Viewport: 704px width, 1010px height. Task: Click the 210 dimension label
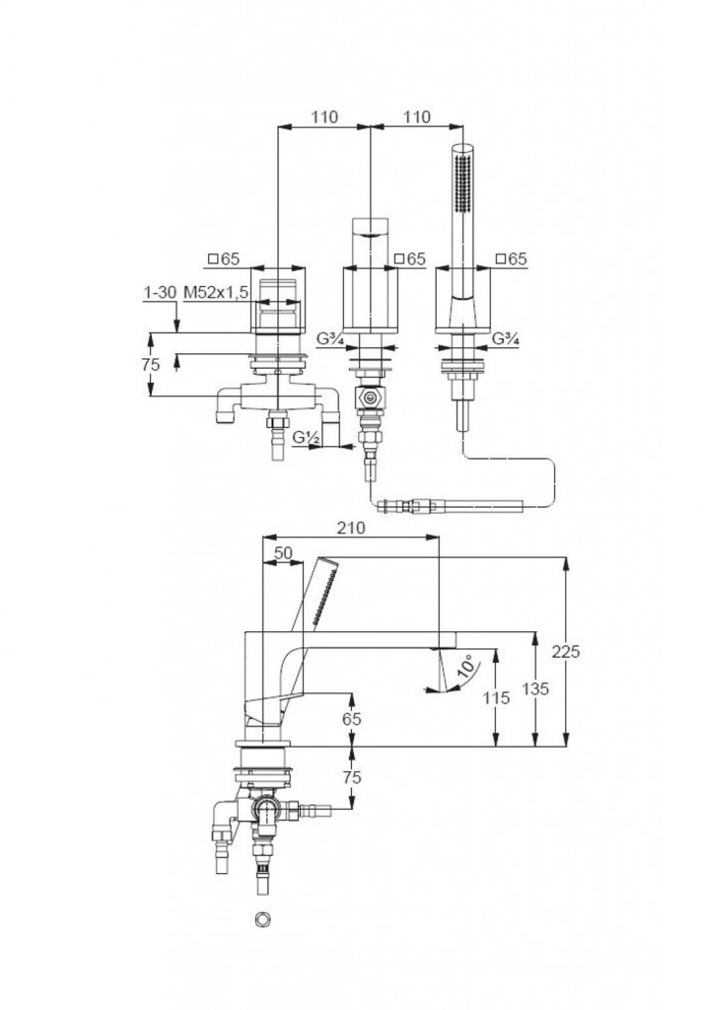pyautogui.click(x=350, y=528)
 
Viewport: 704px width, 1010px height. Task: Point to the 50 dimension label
pyautogui.click(x=283, y=553)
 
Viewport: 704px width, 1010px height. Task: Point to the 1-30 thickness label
pyautogui.click(x=160, y=293)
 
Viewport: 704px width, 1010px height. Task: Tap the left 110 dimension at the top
pyautogui.click(x=324, y=116)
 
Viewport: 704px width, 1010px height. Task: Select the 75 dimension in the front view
pyautogui.click(x=150, y=364)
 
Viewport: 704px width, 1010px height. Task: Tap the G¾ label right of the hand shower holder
pyautogui.click(x=505, y=339)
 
